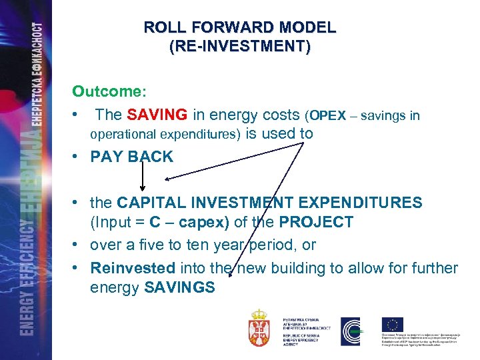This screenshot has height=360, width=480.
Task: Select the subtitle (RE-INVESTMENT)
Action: click(x=240, y=47)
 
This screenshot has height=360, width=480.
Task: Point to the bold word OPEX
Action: click(x=327, y=116)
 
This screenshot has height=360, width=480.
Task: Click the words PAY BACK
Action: click(x=132, y=157)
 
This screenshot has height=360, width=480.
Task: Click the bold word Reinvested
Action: click(x=132, y=268)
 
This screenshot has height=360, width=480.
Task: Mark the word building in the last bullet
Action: click(x=303, y=268)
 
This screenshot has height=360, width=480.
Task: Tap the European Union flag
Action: click(x=392, y=324)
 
